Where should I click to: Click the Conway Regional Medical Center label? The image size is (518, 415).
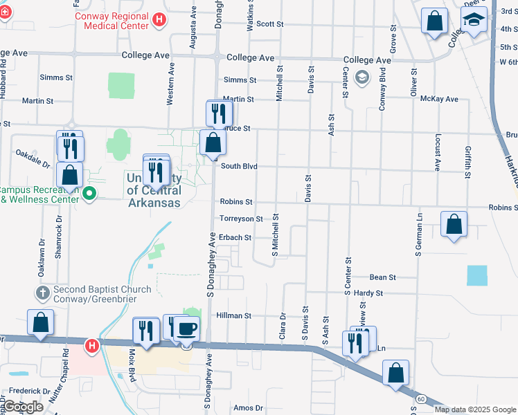point(116,21)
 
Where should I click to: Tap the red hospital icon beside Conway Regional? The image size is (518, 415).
point(160,19)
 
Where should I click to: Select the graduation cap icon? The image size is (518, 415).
point(474,21)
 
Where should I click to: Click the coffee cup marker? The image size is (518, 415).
point(186,328)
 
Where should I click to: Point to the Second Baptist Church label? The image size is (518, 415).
point(94,294)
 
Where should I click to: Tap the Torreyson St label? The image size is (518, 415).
point(241,219)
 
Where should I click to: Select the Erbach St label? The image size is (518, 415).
point(234,237)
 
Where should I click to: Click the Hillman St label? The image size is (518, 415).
point(233,315)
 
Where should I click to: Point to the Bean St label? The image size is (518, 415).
point(382,277)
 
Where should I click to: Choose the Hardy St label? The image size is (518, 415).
point(368,293)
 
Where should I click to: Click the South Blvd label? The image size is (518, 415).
point(239,166)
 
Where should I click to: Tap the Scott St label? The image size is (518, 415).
point(270,24)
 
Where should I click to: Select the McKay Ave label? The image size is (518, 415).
point(440,99)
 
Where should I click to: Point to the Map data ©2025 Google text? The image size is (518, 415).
point(475,409)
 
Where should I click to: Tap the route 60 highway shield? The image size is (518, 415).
point(420,398)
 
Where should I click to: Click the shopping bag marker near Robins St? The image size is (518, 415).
point(454,225)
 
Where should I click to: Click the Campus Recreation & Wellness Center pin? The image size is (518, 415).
point(88,194)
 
